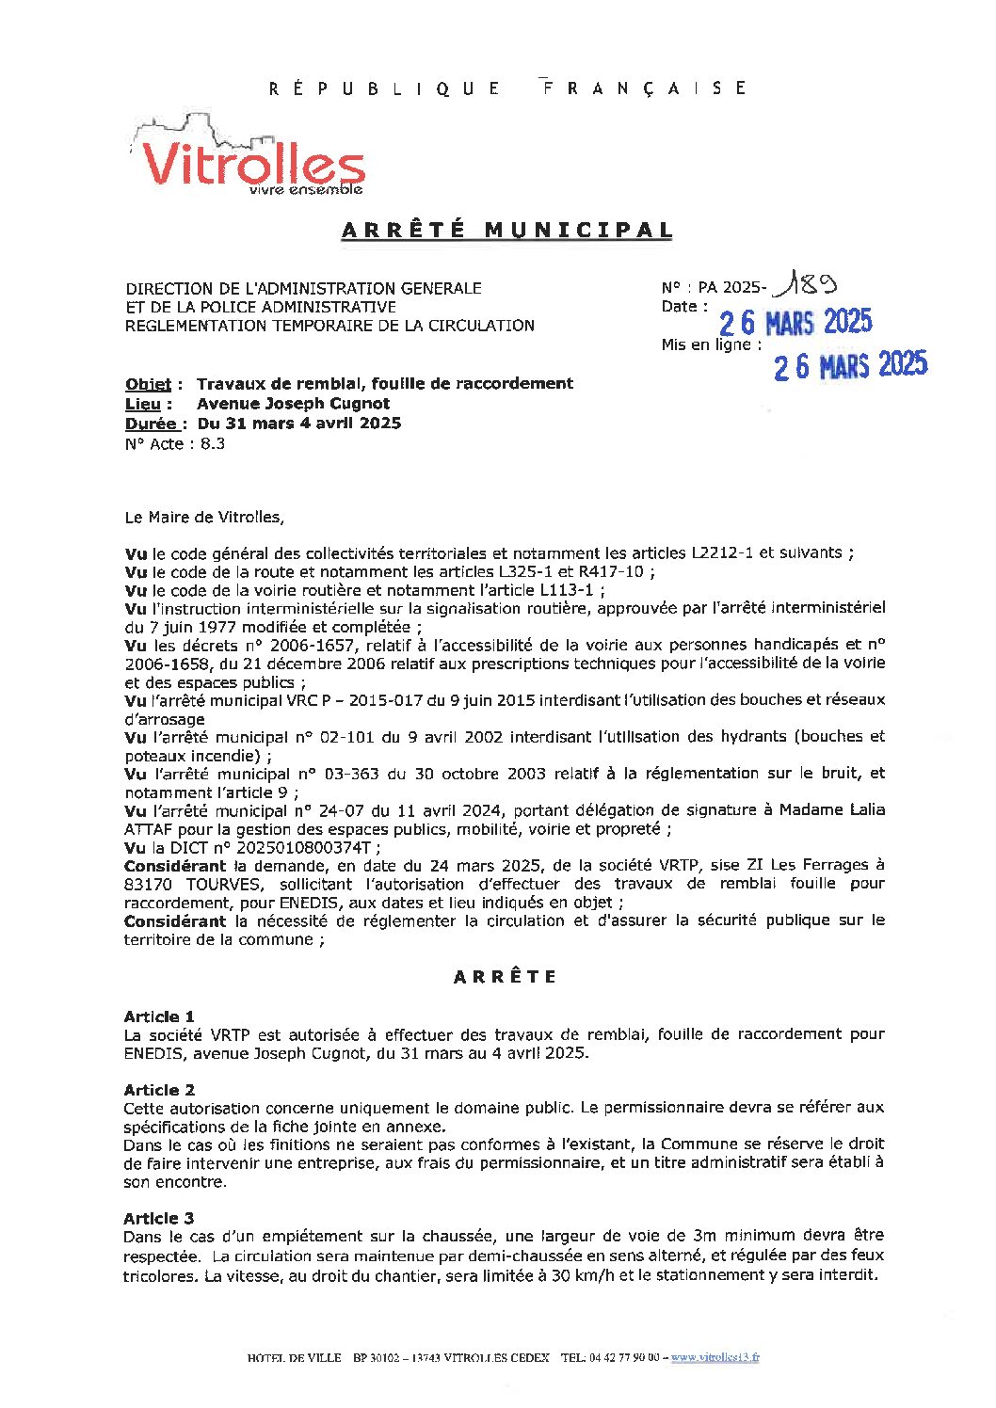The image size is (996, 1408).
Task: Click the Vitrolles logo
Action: point(247,158)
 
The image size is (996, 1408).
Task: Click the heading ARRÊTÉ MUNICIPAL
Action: point(506,230)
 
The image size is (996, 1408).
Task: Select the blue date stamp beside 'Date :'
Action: point(795,323)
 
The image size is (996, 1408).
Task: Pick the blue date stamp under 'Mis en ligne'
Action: point(850,365)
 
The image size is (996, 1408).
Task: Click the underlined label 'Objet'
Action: point(149,384)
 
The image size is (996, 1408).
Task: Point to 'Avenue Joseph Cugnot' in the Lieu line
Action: point(293,404)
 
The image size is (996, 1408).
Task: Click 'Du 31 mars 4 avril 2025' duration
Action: point(299,424)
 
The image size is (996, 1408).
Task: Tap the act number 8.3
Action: point(213,444)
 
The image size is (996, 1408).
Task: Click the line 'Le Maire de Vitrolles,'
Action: point(203,517)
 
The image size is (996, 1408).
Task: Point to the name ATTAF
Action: point(148,829)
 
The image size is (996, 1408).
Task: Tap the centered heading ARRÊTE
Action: point(505,977)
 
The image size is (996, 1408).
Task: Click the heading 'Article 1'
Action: point(159,1016)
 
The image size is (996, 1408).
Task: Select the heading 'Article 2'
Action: point(159,1090)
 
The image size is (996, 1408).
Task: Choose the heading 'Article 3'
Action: point(159,1218)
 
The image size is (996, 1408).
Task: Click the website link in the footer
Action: point(715,1357)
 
